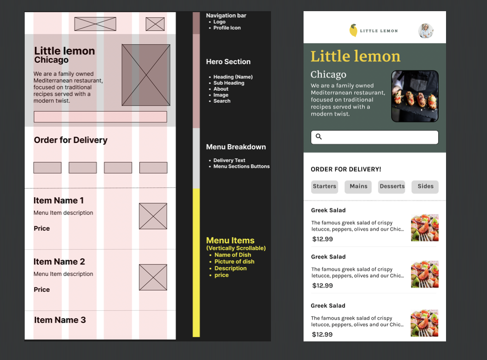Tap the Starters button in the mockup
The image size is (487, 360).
pyautogui.click(x=325, y=187)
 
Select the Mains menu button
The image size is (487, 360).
pyautogui.click(x=358, y=187)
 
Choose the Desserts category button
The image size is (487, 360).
pyautogui.click(x=392, y=187)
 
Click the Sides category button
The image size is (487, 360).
pyautogui.click(x=425, y=187)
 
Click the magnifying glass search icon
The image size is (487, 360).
pyautogui.click(x=318, y=137)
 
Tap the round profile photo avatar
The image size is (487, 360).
pyautogui.click(x=426, y=31)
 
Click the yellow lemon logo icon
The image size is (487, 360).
pyautogui.click(x=353, y=30)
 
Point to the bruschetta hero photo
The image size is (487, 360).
pyautogui.click(x=415, y=96)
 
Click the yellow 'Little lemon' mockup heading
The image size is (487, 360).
pyautogui.click(x=355, y=56)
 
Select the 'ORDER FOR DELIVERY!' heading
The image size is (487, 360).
pyautogui.click(x=345, y=169)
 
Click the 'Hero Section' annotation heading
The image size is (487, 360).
pyautogui.click(x=228, y=62)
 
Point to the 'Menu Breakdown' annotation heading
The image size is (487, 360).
pyautogui.click(x=236, y=147)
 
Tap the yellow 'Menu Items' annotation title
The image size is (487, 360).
pyautogui.click(x=230, y=240)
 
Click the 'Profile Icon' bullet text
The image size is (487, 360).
pyautogui.click(x=227, y=28)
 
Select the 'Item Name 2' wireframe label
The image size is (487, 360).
pyautogui.click(x=59, y=261)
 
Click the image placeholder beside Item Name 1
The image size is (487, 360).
pyautogui.click(x=153, y=216)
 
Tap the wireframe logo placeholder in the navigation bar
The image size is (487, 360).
pyautogui.click(x=95, y=24)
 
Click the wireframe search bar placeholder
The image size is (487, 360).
pyautogui.click(x=100, y=117)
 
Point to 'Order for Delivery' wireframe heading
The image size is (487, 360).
pyautogui.click(x=70, y=140)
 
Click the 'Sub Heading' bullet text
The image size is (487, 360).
pyautogui.click(x=229, y=83)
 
